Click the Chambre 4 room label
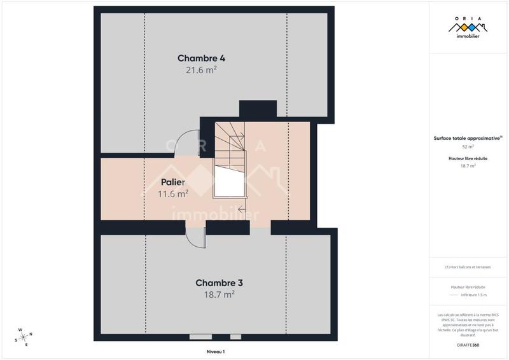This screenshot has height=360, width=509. [201, 58]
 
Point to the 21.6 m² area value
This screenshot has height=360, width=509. [201, 70]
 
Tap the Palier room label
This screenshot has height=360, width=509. [172, 182]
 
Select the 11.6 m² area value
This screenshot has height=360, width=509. [172, 193]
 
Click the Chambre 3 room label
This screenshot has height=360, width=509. [219, 282]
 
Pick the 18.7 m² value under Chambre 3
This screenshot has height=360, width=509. [219, 294]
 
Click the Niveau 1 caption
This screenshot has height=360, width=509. [215, 351]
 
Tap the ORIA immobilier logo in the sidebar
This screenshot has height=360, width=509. [468, 28]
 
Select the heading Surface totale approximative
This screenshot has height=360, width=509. [467, 137]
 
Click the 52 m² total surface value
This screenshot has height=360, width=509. [468, 146]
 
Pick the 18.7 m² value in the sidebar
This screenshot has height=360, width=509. [468, 166]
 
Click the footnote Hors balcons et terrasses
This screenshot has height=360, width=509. [468, 267]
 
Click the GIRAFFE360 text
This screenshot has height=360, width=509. [468, 344]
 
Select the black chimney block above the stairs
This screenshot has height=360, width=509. [258, 108]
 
